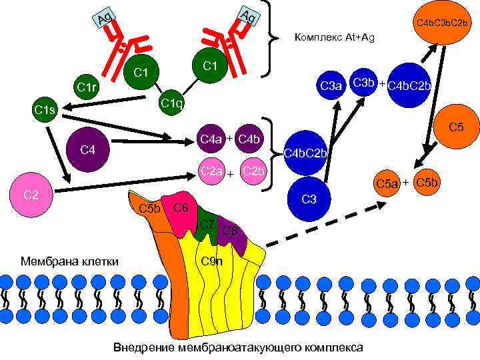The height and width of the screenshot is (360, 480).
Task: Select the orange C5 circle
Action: click(456, 125)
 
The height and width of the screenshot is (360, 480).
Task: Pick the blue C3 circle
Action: click(308, 199)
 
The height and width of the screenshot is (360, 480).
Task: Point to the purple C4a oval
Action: click(211, 139)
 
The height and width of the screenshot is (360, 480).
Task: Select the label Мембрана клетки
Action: click(70, 261)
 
